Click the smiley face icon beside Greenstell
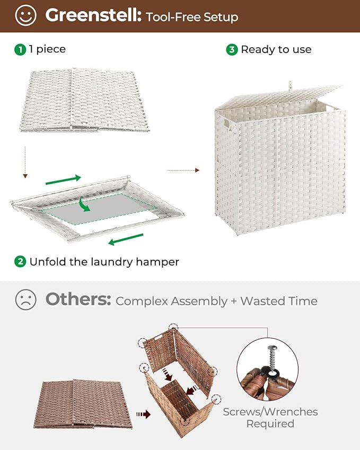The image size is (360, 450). [x=25, y=15]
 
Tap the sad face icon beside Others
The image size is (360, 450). [x=25, y=300]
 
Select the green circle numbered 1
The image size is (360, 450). [x=20, y=49]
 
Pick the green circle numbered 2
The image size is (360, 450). [x=20, y=261]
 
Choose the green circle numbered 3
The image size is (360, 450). [x=232, y=49]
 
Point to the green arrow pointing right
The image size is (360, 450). [x=64, y=180]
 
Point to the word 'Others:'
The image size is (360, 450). [x=78, y=300]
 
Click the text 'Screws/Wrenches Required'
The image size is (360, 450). [x=270, y=418]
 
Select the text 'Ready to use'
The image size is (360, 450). [x=276, y=49]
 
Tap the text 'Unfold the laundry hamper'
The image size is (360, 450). [x=104, y=261]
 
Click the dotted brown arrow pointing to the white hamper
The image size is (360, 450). [x=183, y=170]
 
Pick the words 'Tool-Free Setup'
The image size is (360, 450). [x=191, y=17]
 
